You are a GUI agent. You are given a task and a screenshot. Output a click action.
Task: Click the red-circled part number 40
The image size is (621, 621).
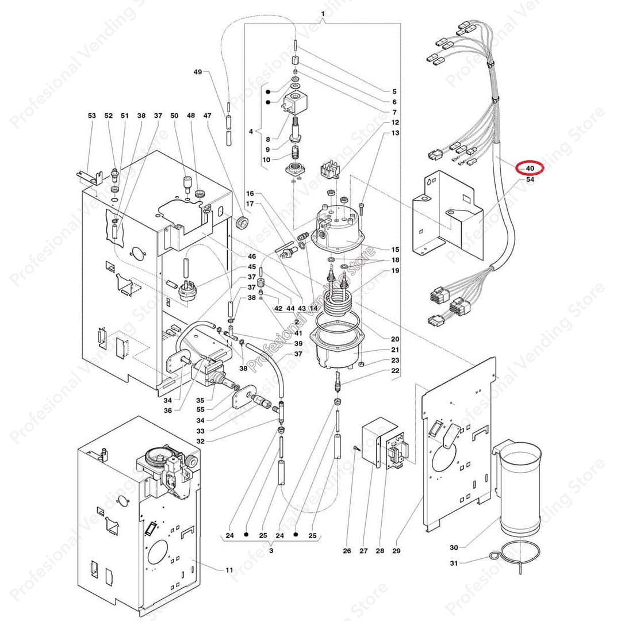pyautogui.click(x=530, y=168)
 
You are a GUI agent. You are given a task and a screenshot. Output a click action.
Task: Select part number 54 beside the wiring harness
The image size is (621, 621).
pyautogui.click(x=530, y=180)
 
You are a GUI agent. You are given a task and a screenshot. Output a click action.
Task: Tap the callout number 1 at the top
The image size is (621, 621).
pyautogui.click(x=323, y=13)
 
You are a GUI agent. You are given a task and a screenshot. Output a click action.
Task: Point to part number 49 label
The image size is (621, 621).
pyautogui.click(x=198, y=72)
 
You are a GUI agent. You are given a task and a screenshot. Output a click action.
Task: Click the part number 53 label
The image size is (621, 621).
pyautogui.click(x=92, y=116)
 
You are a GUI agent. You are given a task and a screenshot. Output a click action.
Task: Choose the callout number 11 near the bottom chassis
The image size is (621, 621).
pyautogui.click(x=229, y=570)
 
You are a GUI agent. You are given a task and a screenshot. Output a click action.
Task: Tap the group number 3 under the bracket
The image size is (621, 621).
pyautogui.click(x=271, y=550)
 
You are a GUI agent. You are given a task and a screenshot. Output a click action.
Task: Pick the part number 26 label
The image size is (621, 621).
pyautogui.click(x=347, y=551)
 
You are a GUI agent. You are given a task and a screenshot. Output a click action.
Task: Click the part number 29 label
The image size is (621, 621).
pyautogui.click(x=396, y=551)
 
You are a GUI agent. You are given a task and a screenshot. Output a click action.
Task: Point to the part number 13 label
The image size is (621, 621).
pyautogui.click(x=395, y=133)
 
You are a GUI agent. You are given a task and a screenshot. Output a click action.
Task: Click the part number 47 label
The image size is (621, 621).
pyautogui.click(x=208, y=116)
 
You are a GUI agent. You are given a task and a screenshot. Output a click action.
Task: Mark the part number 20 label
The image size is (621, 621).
pyautogui.click(x=395, y=339)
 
